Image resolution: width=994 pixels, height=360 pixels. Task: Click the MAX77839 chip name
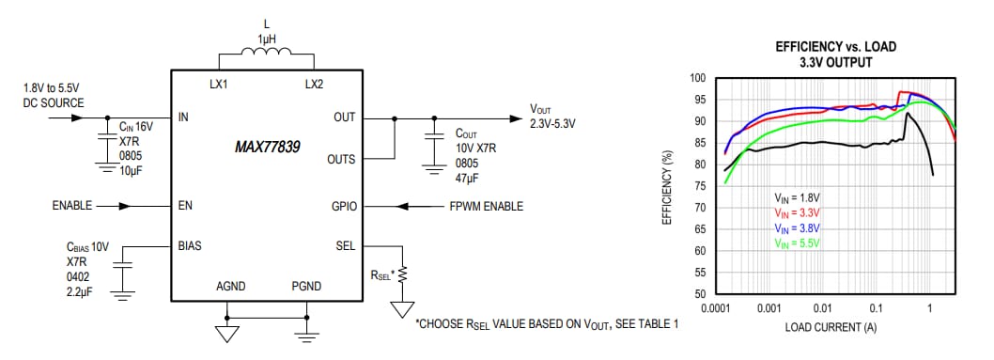pos(266,148)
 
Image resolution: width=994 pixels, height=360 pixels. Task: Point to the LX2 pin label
pos(313,84)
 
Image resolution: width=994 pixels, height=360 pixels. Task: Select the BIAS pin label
pos(191,244)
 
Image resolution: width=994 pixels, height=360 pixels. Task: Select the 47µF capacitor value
pos(468,177)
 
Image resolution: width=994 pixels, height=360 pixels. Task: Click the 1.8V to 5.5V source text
pos(54,95)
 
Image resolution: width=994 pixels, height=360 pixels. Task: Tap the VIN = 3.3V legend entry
pos(798,213)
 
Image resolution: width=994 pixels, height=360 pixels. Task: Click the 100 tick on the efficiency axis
pos(698,78)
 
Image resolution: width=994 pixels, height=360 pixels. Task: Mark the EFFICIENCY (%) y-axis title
pos(668,185)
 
